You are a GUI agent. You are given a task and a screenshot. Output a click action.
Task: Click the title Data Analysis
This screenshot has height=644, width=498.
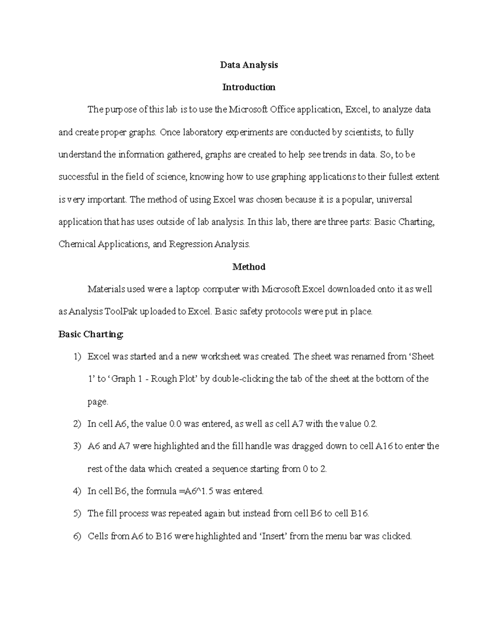249,65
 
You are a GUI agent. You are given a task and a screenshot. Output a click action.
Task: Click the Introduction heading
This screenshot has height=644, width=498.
249,87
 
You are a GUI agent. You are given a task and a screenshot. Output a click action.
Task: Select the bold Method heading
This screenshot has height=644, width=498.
249,267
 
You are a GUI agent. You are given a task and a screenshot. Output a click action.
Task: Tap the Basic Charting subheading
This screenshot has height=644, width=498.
91,334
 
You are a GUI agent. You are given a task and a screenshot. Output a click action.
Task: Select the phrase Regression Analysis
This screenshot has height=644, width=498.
209,244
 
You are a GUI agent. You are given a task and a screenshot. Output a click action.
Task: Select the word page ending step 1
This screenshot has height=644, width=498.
98,402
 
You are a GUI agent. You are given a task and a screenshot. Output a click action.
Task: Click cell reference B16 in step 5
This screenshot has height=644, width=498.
359,514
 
